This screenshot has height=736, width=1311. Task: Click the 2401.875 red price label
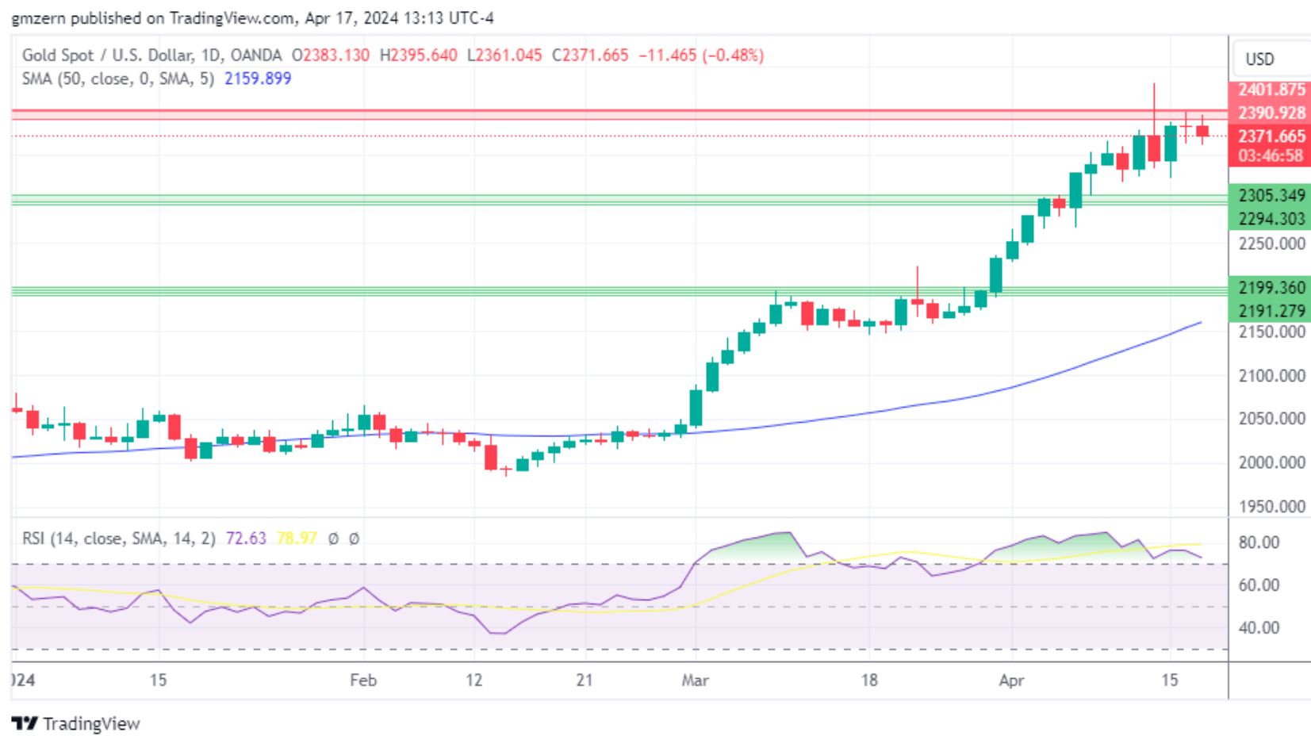[x=1271, y=90]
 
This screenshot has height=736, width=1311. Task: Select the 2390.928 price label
[x=1271, y=113]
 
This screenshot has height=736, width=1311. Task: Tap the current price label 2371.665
[x=1271, y=136]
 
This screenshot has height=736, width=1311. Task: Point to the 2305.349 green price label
[x=1271, y=195]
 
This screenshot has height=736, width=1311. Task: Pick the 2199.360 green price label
[x=1271, y=287]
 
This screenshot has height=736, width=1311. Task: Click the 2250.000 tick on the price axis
[x=1271, y=243]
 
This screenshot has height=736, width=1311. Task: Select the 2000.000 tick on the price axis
[x=1271, y=462]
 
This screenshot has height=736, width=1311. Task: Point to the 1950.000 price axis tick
[x=1271, y=506]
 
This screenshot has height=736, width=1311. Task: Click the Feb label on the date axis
[x=363, y=680]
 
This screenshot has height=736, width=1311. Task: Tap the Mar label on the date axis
[x=695, y=680]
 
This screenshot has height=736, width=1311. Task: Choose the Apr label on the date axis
[x=1011, y=680]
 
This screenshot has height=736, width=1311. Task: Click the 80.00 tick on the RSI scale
[x=1259, y=542]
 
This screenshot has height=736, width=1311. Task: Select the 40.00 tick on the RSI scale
[x=1259, y=627]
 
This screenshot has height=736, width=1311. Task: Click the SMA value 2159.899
[x=258, y=79]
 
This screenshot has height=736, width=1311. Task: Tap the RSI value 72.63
[x=246, y=539]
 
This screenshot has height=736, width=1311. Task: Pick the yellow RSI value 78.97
[x=297, y=539]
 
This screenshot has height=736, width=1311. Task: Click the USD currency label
[x=1259, y=59]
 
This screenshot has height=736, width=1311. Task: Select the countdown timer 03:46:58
[x=1271, y=155]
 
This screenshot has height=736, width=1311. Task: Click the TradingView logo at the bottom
[x=76, y=723]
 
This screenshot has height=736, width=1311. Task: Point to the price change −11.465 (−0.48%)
[x=701, y=56]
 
